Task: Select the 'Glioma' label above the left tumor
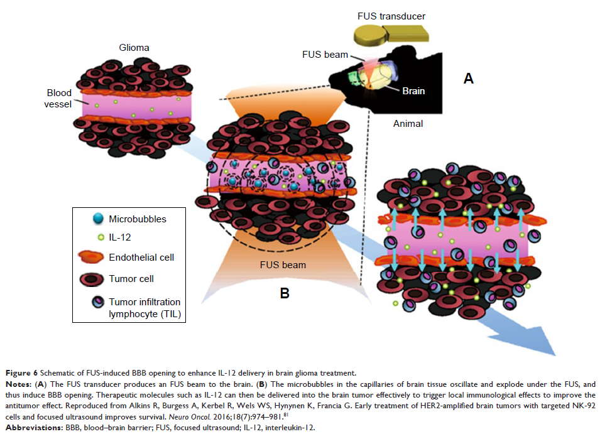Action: (134, 47)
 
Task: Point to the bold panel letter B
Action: (284, 292)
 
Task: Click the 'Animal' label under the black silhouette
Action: (408, 124)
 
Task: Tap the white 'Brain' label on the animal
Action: (413, 91)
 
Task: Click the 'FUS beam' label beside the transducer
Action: (325, 55)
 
